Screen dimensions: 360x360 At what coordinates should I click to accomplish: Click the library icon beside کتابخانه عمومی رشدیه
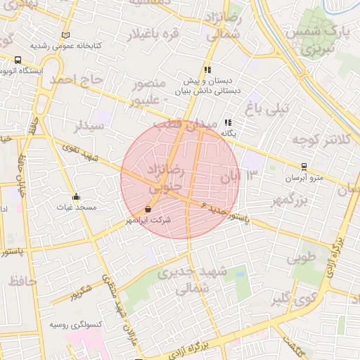click(x=66, y=35)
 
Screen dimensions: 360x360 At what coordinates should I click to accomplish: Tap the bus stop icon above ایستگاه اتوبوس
click(x=17, y=60)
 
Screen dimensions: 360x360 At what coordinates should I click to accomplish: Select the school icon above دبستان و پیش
click(x=207, y=70)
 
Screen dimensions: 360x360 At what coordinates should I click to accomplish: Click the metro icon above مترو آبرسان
click(x=303, y=167)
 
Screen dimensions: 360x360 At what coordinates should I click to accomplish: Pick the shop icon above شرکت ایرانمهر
click(x=148, y=210)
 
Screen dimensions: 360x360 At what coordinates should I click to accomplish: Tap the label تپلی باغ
click(x=266, y=108)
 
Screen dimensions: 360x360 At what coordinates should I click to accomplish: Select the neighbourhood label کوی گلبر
click(x=290, y=300)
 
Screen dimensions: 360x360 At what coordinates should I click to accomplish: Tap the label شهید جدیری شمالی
click(x=192, y=279)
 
